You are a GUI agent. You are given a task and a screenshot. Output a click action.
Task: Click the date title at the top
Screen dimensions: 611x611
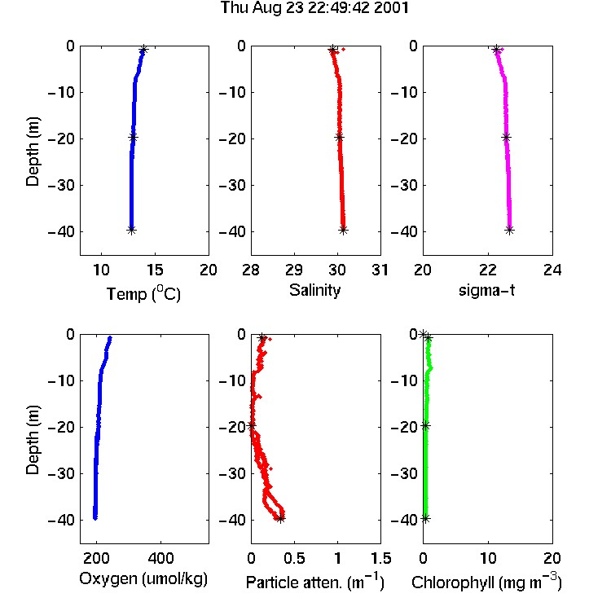(x=314, y=8)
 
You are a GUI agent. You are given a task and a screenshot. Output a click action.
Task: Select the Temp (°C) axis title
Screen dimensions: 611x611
(x=143, y=293)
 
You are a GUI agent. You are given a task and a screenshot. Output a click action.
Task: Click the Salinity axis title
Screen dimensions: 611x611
(x=314, y=290)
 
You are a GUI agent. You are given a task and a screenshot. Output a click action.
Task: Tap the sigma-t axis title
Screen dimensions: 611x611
(x=486, y=290)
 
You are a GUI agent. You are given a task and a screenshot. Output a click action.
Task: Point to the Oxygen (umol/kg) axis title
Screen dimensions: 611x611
(x=143, y=579)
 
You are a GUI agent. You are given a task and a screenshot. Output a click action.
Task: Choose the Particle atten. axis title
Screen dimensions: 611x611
(x=315, y=582)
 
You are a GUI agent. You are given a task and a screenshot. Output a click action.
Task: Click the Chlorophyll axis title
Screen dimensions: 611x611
(x=486, y=582)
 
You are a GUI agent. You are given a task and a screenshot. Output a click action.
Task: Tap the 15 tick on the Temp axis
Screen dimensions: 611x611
(x=155, y=270)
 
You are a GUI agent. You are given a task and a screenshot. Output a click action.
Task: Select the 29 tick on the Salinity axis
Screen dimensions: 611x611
(x=294, y=270)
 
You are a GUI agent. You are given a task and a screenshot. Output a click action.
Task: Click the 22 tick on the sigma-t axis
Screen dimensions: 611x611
(x=487, y=270)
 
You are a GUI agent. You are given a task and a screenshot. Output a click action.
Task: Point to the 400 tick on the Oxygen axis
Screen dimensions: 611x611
(x=161, y=558)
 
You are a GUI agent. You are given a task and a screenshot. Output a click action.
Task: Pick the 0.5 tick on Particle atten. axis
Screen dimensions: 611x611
(x=294, y=558)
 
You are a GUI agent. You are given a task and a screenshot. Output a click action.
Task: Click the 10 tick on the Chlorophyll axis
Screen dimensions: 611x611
(x=488, y=558)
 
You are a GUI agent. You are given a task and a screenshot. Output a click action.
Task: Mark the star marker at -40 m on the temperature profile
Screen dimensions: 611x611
(x=132, y=230)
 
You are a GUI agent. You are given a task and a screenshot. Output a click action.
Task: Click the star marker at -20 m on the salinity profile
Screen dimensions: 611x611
(x=340, y=137)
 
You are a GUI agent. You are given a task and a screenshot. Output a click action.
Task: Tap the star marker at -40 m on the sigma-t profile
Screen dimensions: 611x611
(x=510, y=230)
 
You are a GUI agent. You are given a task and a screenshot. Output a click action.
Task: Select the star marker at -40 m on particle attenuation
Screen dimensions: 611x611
(x=280, y=519)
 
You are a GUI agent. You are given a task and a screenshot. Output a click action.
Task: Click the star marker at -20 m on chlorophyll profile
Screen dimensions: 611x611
(x=425, y=426)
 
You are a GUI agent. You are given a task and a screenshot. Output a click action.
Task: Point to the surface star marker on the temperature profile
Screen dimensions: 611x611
(x=143, y=50)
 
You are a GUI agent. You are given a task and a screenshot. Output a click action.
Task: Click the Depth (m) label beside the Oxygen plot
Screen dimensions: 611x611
(x=33, y=440)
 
